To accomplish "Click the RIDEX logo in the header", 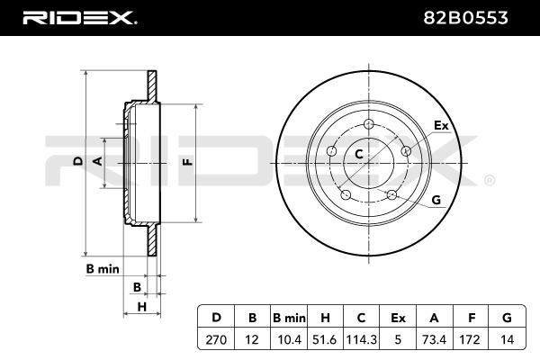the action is pyautogui.click(x=80, y=18).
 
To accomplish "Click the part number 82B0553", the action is pyautogui.click(x=465, y=18).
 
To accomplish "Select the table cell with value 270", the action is pyautogui.click(x=216, y=339).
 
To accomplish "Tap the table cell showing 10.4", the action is pyautogui.click(x=289, y=339).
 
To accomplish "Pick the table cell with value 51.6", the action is pyautogui.click(x=326, y=339).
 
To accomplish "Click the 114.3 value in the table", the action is pyautogui.click(x=361, y=339).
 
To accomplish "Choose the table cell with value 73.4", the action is pyautogui.click(x=434, y=339).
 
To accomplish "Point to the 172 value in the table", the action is pyautogui.click(x=470, y=339).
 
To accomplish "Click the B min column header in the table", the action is pyautogui.click(x=289, y=318).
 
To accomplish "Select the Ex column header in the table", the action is pyautogui.click(x=398, y=318).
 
